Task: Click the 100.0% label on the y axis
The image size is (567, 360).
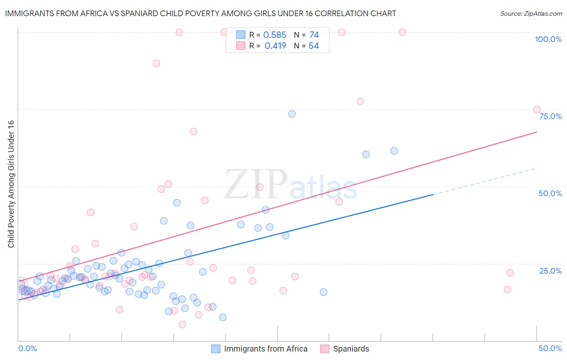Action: pyautogui.click(x=548, y=39)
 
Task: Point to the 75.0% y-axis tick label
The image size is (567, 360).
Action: pyautogui.click(x=550, y=116)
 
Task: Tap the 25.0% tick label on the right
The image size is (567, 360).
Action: pyautogui.click(x=550, y=271)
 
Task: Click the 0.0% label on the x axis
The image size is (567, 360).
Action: pyautogui.click(x=27, y=348)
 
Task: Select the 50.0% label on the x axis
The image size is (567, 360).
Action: pyautogui.click(x=550, y=348)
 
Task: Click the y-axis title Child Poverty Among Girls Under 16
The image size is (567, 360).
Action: pyautogui.click(x=11, y=184)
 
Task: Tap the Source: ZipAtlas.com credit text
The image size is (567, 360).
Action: pyautogui.click(x=531, y=13)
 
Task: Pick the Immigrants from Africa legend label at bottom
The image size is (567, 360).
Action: pyautogui.click(x=265, y=349)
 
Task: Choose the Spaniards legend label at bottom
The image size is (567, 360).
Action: pyautogui.click(x=351, y=349)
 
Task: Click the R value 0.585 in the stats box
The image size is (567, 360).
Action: pyautogui.click(x=275, y=35)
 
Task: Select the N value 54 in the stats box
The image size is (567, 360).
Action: pyautogui.click(x=314, y=46)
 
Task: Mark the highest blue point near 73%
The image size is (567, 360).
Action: pyautogui.click(x=292, y=114)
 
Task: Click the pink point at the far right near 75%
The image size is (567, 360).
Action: pyautogui.click(x=537, y=109)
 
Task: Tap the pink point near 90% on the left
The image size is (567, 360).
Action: pyautogui.click(x=156, y=63)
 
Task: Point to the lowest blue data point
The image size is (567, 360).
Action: pyautogui.click(x=223, y=317)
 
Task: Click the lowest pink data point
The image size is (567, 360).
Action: pyautogui.click(x=182, y=324)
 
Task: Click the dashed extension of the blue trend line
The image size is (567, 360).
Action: pyautogui.click(x=484, y=181)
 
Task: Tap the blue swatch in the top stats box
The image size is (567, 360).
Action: pyautogui.click(x=241, y=35)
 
